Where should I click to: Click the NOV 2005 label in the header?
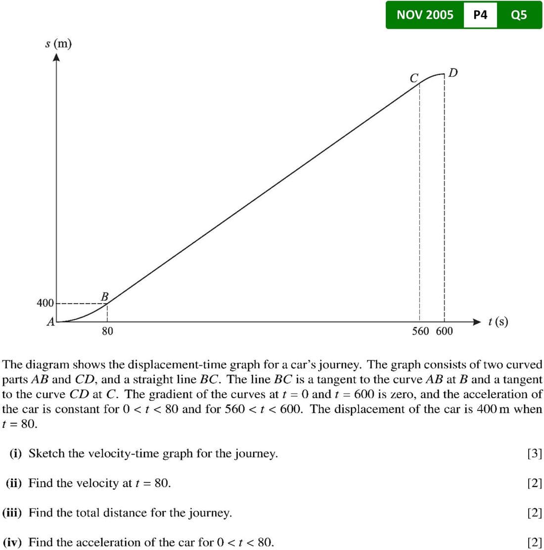[425, 15]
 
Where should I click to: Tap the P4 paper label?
[480, 15]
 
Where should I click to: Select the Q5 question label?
[519, 15]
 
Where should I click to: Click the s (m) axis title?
[58, 44]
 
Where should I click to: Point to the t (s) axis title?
[498, 322]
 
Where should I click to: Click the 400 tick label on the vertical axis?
[45, 303]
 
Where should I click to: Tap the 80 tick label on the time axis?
[107, 331]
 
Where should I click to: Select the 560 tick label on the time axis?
[421, 331]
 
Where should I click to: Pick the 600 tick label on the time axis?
[444, 331]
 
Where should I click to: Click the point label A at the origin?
[50, 322]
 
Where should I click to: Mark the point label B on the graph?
[105, 296]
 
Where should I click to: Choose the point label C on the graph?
[414, 78]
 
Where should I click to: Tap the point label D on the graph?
[453, 73]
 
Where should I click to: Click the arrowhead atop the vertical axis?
[57, 57]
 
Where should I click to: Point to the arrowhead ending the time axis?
[477, 322]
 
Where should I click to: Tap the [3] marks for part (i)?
[535, 454]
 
